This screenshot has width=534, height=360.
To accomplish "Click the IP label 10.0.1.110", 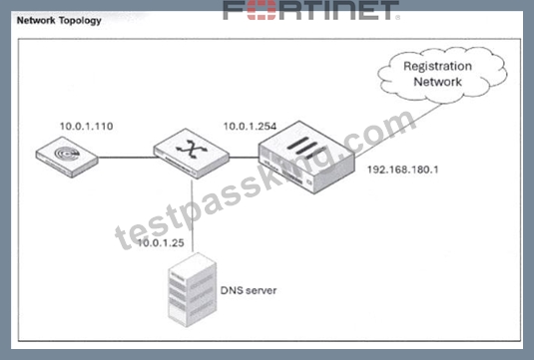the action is (87, 127).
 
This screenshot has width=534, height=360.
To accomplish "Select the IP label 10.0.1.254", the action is (250, 127).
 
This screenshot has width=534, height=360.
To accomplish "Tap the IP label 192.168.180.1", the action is (403, 170).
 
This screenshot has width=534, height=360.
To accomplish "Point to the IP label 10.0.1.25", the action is (161, 243).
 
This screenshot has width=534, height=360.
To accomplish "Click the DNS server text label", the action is (249, 290).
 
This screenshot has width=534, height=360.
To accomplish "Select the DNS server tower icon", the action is (193, 290).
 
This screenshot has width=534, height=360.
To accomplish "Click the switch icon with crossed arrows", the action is (192, 154).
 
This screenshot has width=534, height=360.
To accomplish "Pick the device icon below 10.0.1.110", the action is (67, 157).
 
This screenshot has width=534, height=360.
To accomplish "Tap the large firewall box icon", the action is (306, 158).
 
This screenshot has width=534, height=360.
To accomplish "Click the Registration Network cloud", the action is (442, 75).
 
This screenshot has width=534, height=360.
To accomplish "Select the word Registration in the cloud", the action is (437, 66).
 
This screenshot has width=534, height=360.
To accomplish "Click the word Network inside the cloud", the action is (437, 82).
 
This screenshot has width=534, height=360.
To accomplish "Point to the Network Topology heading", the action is (59, 20).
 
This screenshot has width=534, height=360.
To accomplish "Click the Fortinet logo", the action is (311, 10).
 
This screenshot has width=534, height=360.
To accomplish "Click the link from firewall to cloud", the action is (398, 131).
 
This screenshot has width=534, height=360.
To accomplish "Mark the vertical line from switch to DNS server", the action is (192, 215).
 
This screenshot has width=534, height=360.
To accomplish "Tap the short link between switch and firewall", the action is (244, 158).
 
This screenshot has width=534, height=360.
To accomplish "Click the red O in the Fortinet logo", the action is (262, 10).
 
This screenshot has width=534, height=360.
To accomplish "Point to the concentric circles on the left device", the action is (67, 154).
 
